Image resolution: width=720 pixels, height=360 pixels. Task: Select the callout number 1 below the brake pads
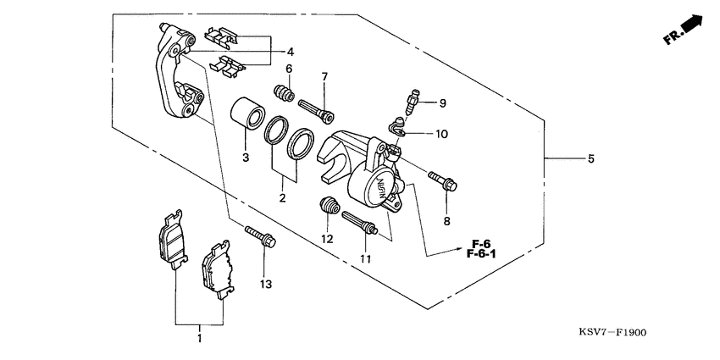click(x=200, y=338)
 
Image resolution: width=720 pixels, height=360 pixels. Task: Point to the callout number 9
click(x=441, y=103)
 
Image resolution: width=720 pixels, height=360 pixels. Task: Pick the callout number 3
click(x=246, y=158)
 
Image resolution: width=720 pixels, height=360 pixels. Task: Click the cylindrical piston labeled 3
click(x=249, y=113)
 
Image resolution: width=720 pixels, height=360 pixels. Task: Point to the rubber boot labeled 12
click(x=330, y=206)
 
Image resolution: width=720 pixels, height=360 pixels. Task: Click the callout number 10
click(x=442, y=134)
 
